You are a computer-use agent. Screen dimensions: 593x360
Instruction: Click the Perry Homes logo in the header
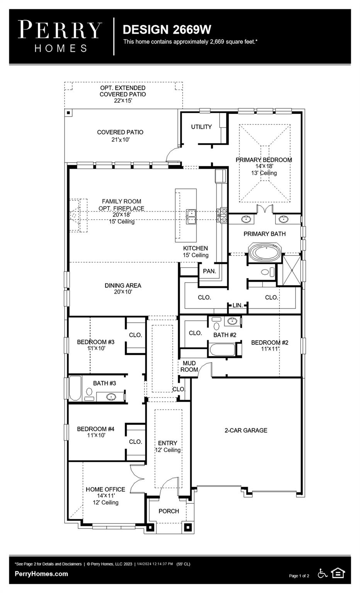(x=60, y=36)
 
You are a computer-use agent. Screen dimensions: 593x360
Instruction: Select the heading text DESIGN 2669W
(x=167, y=29)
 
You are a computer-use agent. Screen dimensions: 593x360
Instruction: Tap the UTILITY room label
(x=201, y=127)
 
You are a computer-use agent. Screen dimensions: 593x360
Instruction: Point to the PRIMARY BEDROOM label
(x=264, y=160)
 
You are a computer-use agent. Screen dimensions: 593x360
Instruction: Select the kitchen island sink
(x=191, y=216)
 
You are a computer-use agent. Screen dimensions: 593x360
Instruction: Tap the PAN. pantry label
(x=209, y=271)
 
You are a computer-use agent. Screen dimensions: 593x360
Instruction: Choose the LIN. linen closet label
(x=238, y=305)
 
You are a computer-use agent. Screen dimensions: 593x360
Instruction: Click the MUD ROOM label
(x=189, y=366)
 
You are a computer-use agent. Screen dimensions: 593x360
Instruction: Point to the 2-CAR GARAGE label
(x=246, y=430)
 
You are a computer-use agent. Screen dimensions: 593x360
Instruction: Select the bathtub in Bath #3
(x=75, y=388)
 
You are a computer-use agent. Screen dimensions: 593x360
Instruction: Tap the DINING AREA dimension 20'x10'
(x=123, y=292)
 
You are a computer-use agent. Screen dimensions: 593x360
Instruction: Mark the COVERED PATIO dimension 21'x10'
(x=121, y=139)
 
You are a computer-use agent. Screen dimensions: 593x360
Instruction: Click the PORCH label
(x=169, y=511)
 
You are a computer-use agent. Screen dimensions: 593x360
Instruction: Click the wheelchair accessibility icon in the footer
(x=323, y=573)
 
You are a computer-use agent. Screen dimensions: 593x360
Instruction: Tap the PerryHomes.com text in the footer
(x=41, y=574)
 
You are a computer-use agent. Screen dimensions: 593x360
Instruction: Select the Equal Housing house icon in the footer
(x=338, y=573)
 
